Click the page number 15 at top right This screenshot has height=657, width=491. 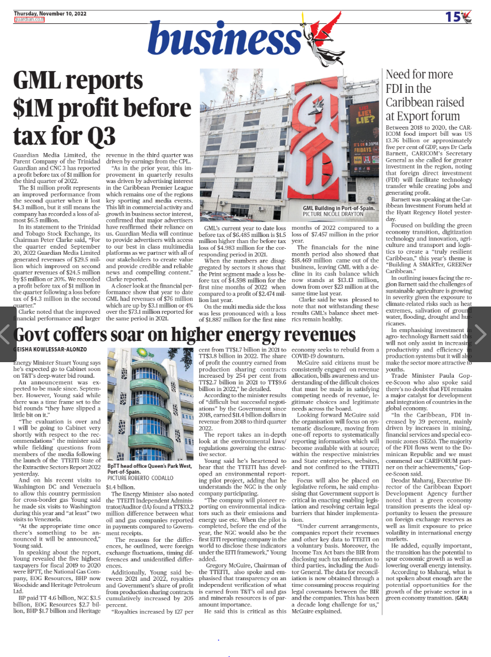[453, 17]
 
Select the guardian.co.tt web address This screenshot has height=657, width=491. [29, 19]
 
